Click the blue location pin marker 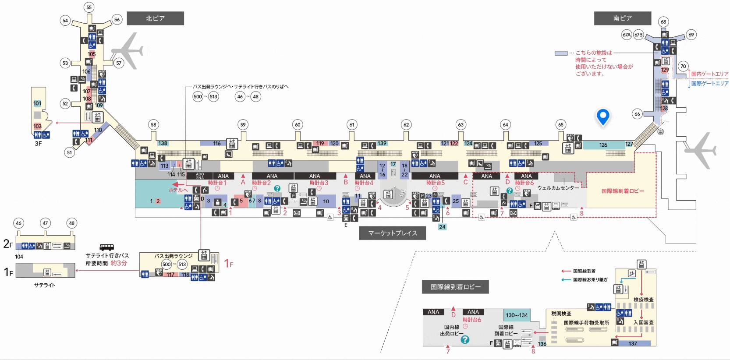603,116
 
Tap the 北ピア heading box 155,18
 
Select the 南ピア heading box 622,18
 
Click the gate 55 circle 89,7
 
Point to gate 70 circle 683,67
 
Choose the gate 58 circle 153,125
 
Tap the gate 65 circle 560,125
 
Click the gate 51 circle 69,152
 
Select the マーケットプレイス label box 392,233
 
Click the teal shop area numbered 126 603,145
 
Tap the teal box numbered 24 442,227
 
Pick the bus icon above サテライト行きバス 106,247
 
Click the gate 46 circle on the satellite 18,223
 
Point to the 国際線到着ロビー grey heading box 455,287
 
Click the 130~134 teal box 517,315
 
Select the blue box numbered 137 632,343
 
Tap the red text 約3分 119,263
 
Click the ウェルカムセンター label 558,188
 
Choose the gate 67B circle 638,35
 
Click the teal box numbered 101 37,104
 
